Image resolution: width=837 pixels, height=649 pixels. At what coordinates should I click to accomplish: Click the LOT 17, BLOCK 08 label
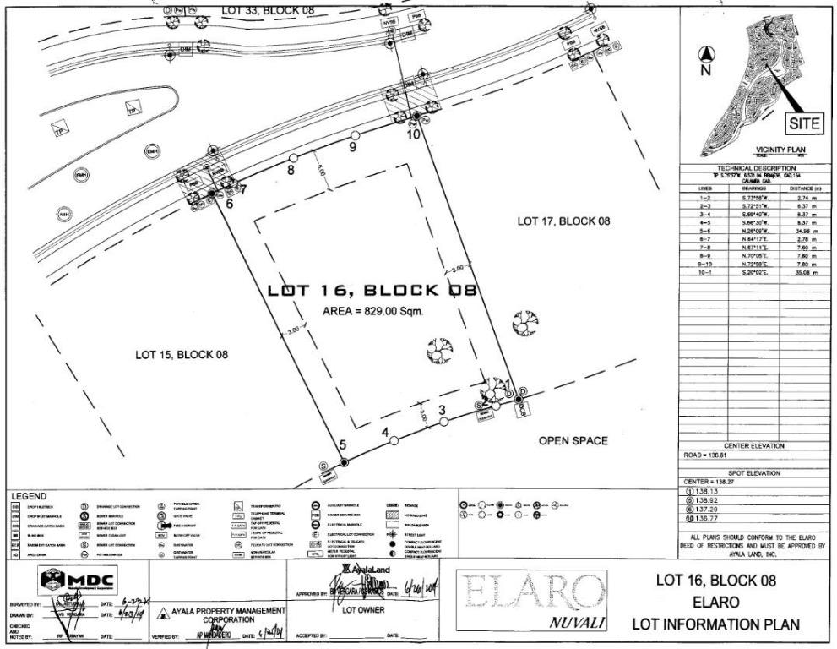(x=563, y=221)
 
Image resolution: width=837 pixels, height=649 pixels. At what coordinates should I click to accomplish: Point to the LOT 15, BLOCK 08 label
(x=182, y=354)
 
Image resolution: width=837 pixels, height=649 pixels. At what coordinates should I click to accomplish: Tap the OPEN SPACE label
(x=573, y=441)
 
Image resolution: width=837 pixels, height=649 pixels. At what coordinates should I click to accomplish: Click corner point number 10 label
(x=414, y=134)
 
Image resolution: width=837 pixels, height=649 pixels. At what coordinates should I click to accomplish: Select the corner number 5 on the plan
(x=342, y=445)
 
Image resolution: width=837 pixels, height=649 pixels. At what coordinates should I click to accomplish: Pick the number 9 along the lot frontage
(x=353, y=145)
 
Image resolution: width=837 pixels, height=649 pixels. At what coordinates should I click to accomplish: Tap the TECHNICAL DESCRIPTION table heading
(x=756, y=169)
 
